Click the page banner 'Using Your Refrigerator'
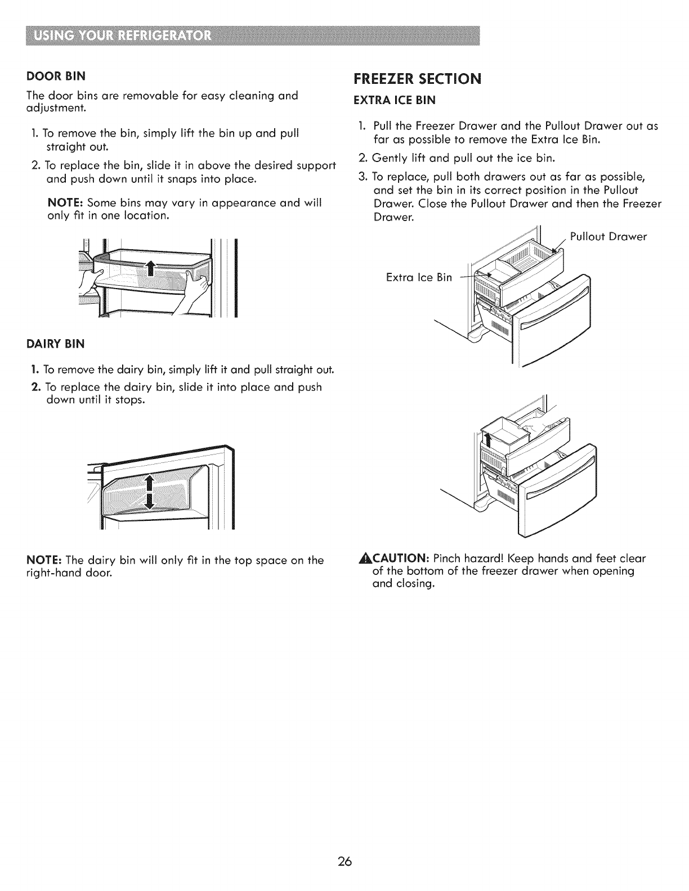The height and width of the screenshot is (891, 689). coord(123,38)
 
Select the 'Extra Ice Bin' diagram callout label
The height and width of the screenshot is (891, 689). coord(419,277)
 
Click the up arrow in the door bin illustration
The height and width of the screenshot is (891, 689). coord(150,268)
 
